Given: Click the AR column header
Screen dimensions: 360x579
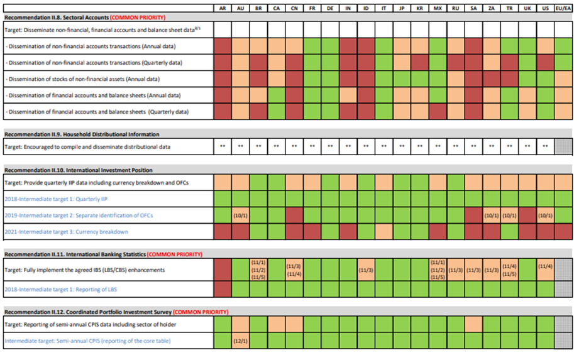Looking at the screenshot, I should click(x=223, y=8).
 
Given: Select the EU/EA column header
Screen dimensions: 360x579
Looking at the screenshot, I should click(x=563, y=8).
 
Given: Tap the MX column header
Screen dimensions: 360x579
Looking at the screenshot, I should click(x=438, y=8).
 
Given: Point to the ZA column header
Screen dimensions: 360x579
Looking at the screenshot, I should click(x=492, y=8).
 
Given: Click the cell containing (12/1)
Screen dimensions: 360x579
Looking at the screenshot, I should click(x=241, y=341).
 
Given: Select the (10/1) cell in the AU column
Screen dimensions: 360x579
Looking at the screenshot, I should click(x=241, y=215).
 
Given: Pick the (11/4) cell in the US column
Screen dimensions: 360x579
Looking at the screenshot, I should click(x=545, y=266).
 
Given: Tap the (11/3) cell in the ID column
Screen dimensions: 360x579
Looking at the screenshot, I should click(x=367, y=270).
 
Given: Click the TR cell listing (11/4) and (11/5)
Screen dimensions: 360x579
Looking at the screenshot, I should click(x=509, y=270).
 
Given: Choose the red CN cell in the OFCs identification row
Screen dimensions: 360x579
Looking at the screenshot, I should click(x=294, y=215).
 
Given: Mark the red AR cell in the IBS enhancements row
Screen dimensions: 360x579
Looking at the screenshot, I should click(x=223, y=270).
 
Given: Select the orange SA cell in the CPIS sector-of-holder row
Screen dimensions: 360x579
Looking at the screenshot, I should click(x=473, y=325).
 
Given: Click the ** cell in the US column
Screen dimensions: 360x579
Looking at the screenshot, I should click(x=545, y=146).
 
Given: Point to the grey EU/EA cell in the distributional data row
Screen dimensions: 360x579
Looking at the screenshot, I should click(x=563, y=146).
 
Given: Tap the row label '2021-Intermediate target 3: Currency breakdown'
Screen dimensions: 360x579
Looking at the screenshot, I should click(x=66, y=232).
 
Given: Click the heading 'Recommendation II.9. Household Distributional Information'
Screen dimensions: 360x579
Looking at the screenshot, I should click(x=82, y=134).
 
